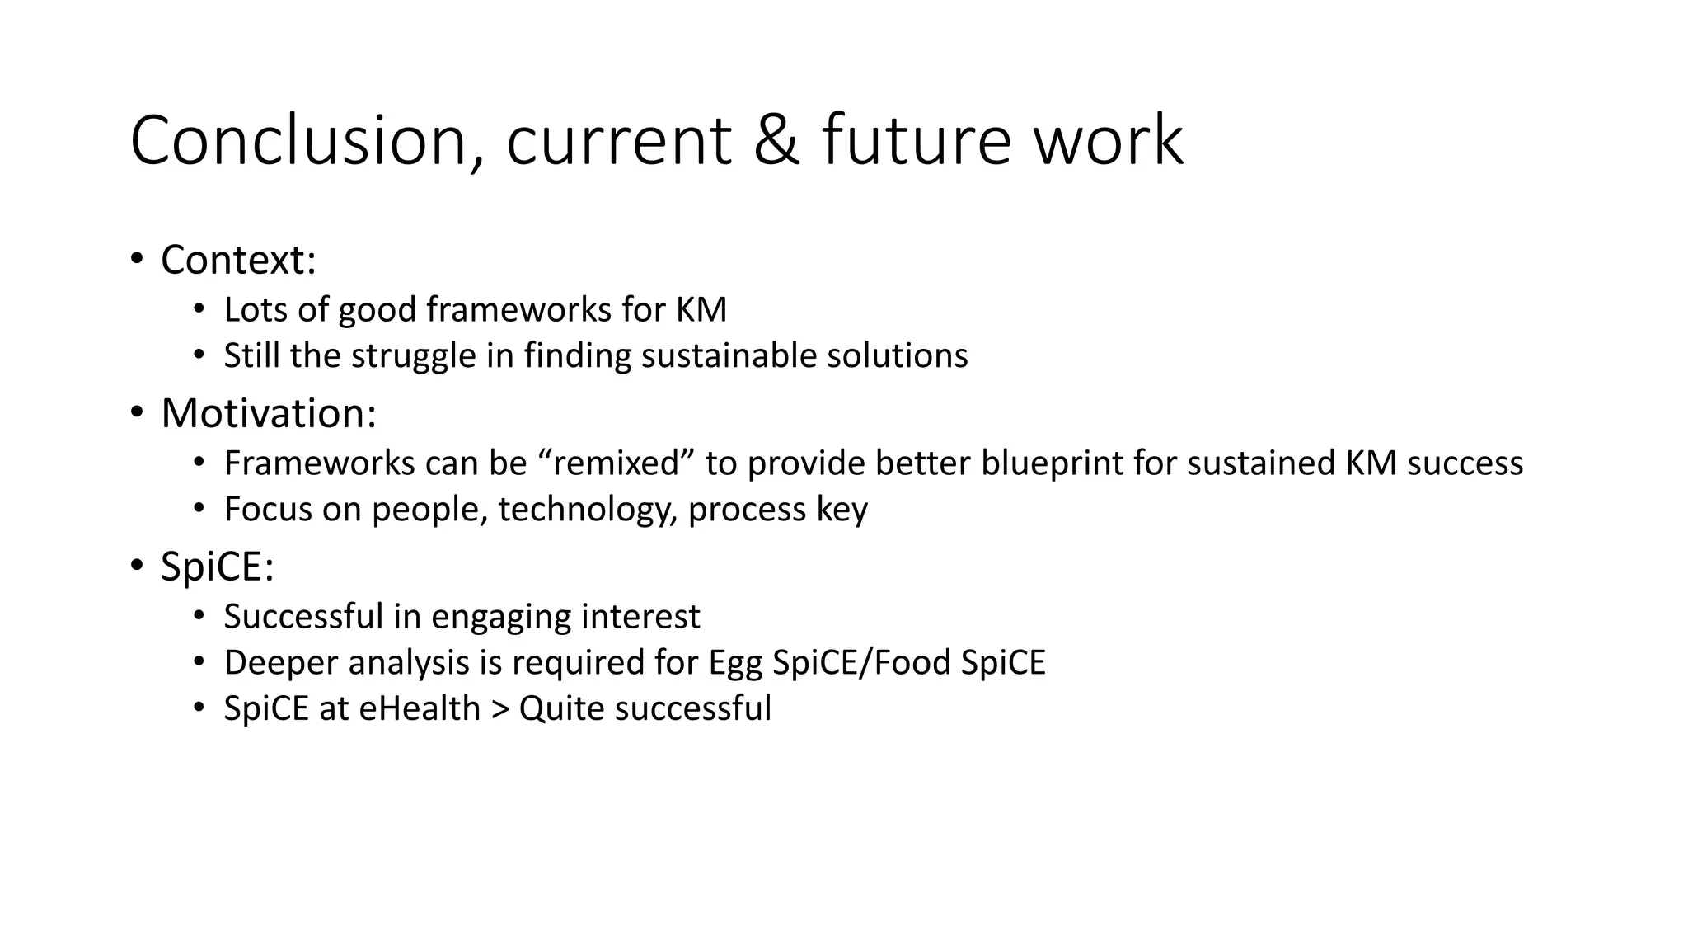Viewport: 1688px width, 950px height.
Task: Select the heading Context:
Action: tap(238, 260)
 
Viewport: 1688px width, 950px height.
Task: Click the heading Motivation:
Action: tap(268, 413)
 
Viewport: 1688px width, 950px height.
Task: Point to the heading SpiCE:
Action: tap(217, 567)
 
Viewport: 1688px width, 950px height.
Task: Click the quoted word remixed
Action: tap(616, 463)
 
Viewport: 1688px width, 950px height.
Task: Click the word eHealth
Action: tap(419, 709)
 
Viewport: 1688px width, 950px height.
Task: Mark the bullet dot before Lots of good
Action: tap(199, 308)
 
